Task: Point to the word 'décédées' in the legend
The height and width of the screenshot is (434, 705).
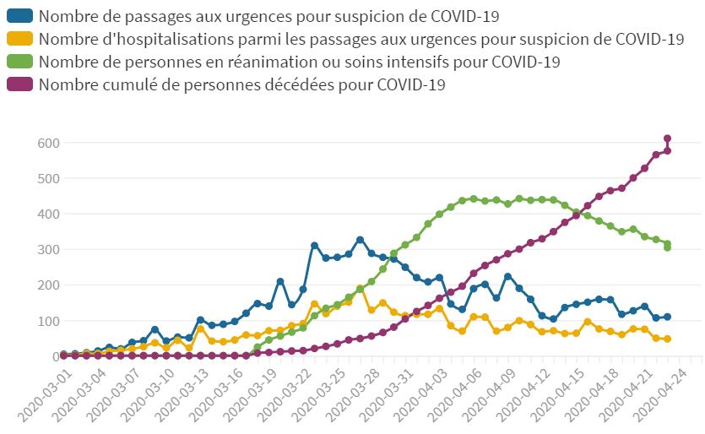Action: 338,85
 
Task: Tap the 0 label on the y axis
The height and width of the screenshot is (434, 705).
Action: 51,356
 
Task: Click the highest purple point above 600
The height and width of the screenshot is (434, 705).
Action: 667,138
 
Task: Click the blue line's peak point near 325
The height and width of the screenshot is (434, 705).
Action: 360,240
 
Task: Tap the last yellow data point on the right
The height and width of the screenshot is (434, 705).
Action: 667,339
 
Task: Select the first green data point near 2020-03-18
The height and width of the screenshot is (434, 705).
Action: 258,347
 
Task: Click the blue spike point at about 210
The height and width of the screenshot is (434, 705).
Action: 280,281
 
